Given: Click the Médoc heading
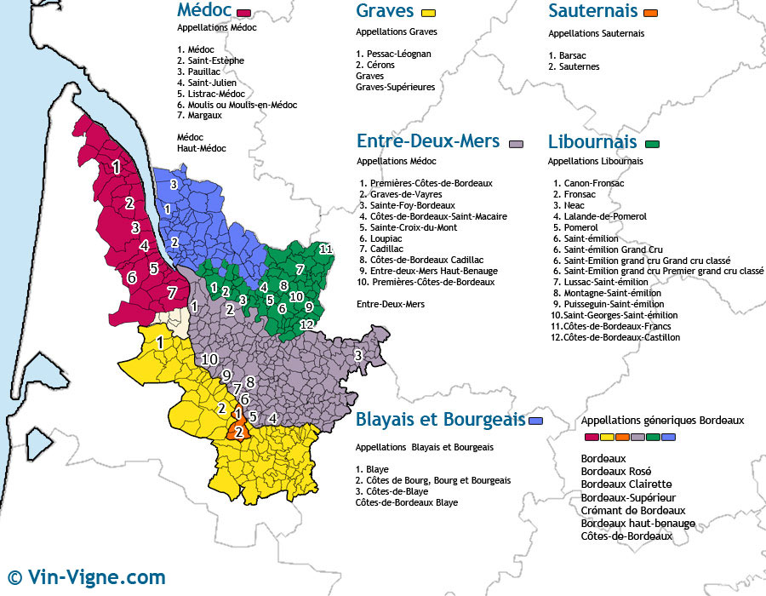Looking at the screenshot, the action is point(205,10).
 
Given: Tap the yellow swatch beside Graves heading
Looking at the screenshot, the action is point(428,13).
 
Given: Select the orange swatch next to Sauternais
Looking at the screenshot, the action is point(652,13).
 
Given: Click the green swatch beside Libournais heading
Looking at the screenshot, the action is point(654,143).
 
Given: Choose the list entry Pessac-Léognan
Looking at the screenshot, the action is point(394,54).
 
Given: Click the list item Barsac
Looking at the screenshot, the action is point(568,55).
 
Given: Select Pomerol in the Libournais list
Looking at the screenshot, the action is point(576,227).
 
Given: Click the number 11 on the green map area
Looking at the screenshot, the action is point(325,249).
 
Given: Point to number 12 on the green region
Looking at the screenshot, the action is point(307,324).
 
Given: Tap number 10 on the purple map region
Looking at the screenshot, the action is point(209,358).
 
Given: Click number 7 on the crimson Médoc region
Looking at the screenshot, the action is point(172,293).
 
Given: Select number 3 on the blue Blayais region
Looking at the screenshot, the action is point(173,184).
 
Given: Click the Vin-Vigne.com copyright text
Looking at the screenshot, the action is point(85,577).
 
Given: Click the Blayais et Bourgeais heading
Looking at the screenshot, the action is point(440,420).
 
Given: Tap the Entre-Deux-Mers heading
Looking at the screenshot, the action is point(428,141).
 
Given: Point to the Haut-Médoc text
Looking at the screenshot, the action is point(202,148).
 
